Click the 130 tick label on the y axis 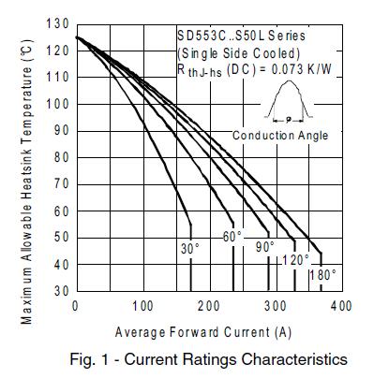point(55,22)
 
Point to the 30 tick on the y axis point(59,292)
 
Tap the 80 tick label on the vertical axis point(59,157)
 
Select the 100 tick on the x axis point(142,306)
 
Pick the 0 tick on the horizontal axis point(75,306)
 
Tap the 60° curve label point(232,237)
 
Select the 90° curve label point(265,248)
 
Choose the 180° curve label point(322,275)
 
